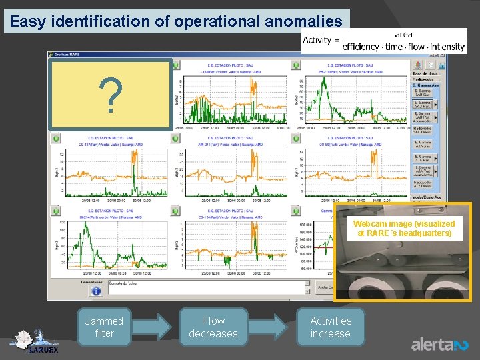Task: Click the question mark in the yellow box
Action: point(111,96)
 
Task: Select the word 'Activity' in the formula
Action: point(317,40)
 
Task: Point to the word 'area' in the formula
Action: point(403,34)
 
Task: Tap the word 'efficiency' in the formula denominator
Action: point(361,47)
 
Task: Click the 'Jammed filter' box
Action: point(104,327)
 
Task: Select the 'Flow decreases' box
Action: point(213,327)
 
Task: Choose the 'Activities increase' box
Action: point(331,327)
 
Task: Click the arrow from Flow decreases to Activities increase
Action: point(273,327)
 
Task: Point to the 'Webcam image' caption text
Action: point(404,229)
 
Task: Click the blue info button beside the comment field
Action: point(96,290)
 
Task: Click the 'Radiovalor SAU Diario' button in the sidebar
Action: point(422,131)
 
